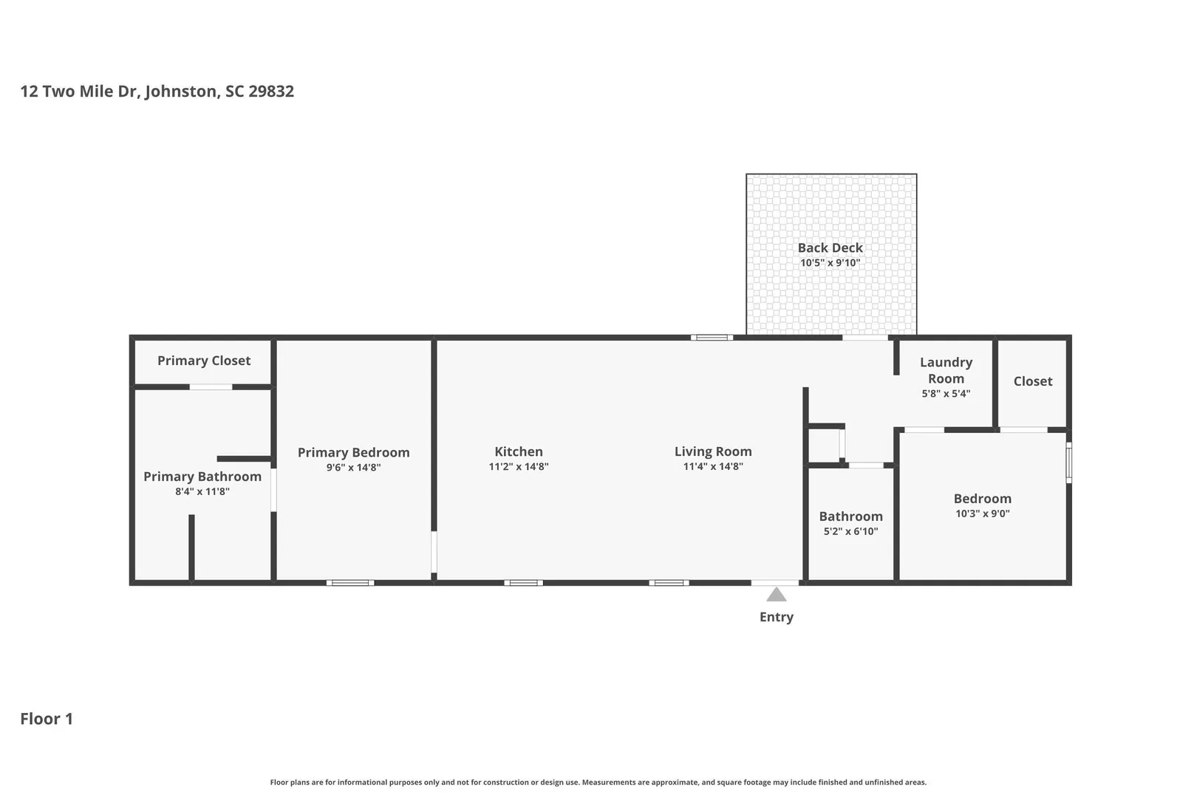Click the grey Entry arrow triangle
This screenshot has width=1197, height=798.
tap(777, 595)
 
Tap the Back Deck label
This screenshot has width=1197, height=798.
tap(830, 248)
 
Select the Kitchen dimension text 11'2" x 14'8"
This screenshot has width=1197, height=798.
tap(519, 467)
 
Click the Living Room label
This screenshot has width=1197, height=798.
tap(713, 451)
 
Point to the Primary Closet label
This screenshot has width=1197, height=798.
tap(204, 361)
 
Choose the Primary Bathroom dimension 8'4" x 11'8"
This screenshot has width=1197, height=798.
tap(202, 492)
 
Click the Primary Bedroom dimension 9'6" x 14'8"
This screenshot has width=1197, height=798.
tap(353, 468)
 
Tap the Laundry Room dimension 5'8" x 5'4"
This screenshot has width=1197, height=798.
tap(946, 394)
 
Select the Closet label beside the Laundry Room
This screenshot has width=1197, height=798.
tap(1033, 381)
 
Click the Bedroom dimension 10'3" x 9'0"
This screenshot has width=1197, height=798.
tap(982, 514)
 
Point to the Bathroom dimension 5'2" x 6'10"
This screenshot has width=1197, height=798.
tap(850, 532)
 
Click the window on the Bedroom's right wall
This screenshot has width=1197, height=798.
tap(1068, 463)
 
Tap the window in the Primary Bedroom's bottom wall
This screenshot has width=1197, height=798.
tap(350, 582)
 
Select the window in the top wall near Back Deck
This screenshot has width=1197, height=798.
tap(712, 338)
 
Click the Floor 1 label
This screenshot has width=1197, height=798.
tap(47, 719)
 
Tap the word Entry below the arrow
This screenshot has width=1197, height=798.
tap(777, 617)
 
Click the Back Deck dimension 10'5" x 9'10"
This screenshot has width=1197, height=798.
tap(830, 263)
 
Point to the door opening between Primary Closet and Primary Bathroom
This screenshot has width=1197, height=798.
tap(211, 387)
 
